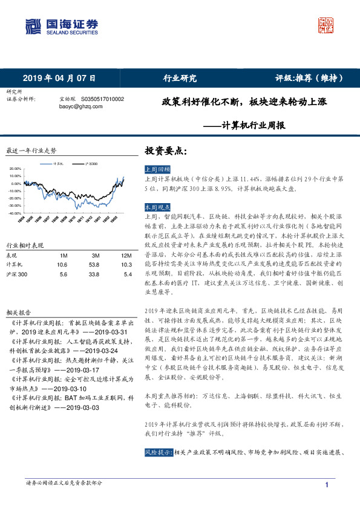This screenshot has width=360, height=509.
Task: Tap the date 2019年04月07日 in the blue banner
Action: (x=59, y=78)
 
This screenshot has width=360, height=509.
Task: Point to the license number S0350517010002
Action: (x=102, y=99)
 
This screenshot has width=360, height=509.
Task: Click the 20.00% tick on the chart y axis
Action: (x=16, y=169)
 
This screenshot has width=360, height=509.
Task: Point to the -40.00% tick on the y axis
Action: (x=15, y=213)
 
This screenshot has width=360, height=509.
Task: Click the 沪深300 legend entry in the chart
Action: (x=93, y=163)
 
